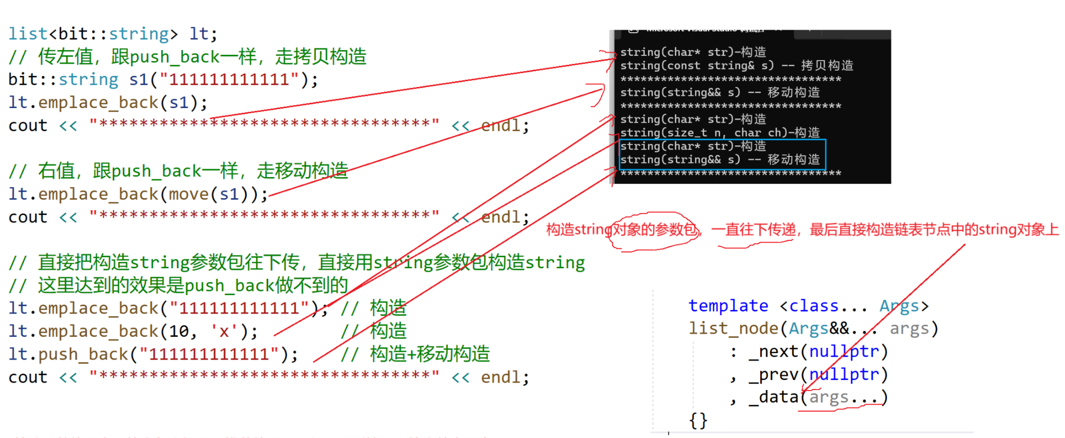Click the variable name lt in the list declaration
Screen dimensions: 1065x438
(x=198, y=34)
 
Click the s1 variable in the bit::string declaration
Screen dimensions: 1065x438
(x=139, y=80)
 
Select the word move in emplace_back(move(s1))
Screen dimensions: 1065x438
(x=189, y=194)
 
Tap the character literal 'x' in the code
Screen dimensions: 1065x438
(x=224, y=331)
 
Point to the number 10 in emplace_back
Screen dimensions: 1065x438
(x=179, y=331)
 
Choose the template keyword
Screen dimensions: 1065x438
(x=728, y=306)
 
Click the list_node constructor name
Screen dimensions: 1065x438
(x=733, y=328)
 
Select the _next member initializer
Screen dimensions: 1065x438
(x=773, y=352)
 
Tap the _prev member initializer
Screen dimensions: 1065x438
(x=773, y=374)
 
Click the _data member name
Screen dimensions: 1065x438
(x=773, y=397)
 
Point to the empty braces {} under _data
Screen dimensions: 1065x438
(x=698, y=420)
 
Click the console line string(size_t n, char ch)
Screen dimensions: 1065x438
(x=719, y=132)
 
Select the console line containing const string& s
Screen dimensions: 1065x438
(x=736, y=65)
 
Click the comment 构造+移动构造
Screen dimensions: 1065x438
(x=430, y=354)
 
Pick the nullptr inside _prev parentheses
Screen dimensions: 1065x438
(x=844, y=374)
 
